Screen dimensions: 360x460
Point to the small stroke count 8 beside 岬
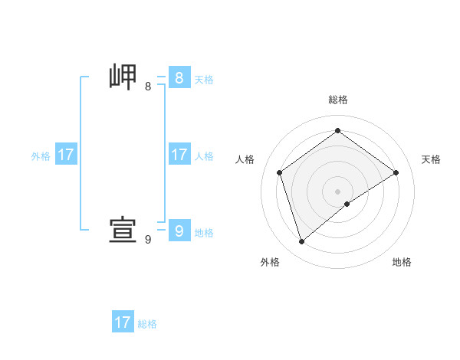[x=148, y=86]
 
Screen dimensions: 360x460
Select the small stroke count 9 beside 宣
[x=148, y=240]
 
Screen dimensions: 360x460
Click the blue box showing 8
[x=179, y=77]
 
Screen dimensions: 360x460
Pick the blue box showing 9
[x=179, y=231]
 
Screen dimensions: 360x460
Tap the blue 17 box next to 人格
[x=179, y=155]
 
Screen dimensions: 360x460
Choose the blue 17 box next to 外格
[x=66, y=155]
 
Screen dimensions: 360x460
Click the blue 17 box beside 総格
[x=123, y=322]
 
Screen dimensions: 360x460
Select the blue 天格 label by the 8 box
[x=204, y=79]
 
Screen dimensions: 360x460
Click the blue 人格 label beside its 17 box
[x=204, y=156]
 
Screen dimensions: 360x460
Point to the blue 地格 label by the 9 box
[x=204, y=233]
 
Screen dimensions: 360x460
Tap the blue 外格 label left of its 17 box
[x=41, y=156]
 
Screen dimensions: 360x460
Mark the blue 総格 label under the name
[x=147, y=324]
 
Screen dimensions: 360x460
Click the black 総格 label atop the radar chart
[x=337, y=100]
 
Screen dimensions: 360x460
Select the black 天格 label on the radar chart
[x=432, y=159]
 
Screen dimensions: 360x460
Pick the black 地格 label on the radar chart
[x=402, y=262]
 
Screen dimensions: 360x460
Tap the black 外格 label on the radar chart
[x=270, y=262]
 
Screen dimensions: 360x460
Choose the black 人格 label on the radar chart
[x=245, y=159]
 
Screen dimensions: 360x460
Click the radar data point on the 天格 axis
[x=396, y=172]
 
